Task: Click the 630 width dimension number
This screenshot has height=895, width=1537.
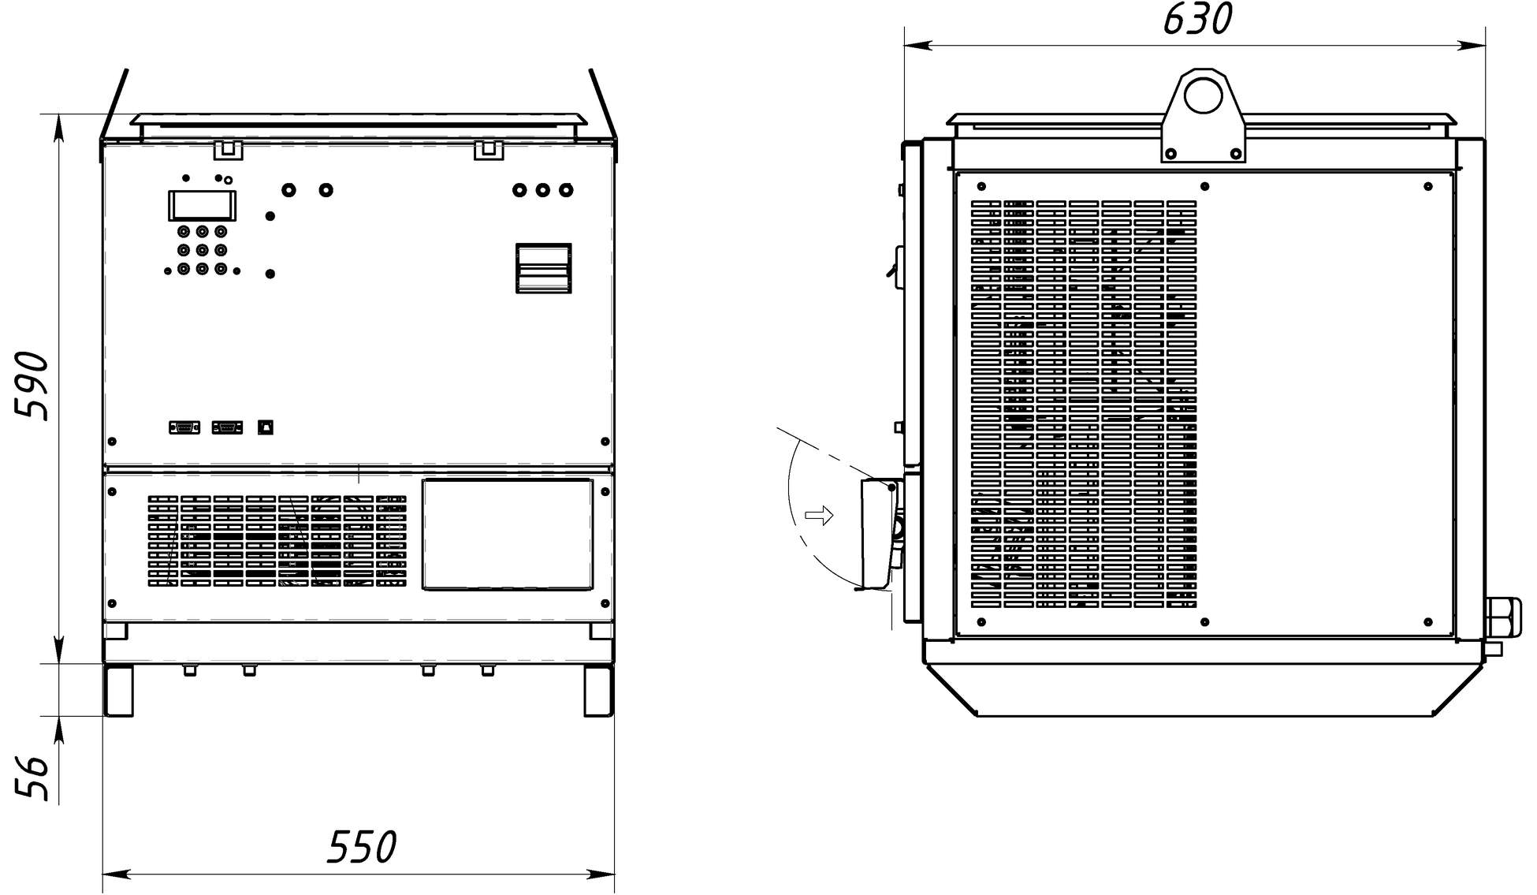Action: pyautogui.click(x=1196, y=20)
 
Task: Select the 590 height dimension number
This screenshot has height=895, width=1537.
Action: pyautogui.click(x=32, y=386)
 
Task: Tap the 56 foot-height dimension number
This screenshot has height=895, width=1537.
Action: pyautogui.click(x=32, y=778)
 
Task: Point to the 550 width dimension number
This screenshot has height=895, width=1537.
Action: pyautogui.click(x=362, y=848)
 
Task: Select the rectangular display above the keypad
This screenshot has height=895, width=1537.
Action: pyautogui.click(x=203, y=205)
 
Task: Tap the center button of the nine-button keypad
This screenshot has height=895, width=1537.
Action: pyautogui.click(x=203, y=250)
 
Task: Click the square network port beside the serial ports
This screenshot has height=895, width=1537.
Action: pyautogui.click(x=266, y=427)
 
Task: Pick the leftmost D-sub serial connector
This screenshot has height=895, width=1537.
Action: pyautogui.click(x=184, y=427)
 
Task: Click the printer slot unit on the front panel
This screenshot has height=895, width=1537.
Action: pyautogui.click(x=543, y=268)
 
